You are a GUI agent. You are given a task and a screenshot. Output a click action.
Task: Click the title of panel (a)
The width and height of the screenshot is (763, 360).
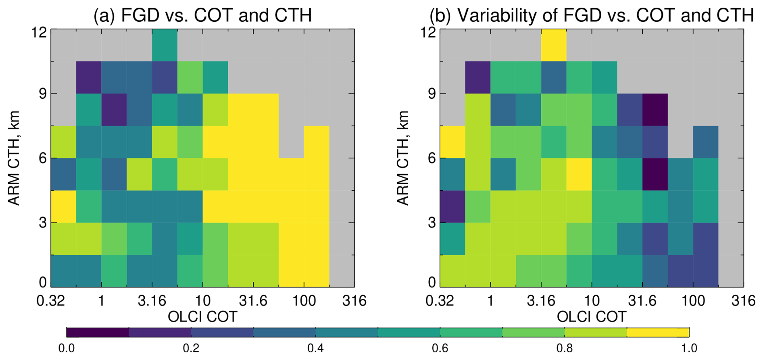[202, 15]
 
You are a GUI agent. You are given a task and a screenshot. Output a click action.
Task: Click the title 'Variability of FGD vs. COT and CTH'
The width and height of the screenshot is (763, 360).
[592, 15]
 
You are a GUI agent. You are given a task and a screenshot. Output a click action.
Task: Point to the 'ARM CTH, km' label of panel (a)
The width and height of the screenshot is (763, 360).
[14, 158]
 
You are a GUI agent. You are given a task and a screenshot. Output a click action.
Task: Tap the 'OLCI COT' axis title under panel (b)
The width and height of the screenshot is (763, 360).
[592, 317]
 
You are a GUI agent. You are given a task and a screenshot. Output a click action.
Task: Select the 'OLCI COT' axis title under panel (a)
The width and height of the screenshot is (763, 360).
[202, 317]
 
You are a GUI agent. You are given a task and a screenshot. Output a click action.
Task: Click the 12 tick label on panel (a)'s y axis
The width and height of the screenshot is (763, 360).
[39, 32]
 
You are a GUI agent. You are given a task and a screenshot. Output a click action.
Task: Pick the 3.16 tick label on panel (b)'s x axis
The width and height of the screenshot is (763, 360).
[541, 301]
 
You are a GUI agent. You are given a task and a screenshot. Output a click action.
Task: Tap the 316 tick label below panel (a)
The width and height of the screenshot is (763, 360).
[354, 301]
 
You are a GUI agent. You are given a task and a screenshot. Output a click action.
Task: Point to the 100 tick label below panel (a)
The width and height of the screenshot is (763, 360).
[304, 301]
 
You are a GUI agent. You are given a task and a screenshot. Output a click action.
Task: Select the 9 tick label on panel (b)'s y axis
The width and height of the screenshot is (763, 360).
[432, 94]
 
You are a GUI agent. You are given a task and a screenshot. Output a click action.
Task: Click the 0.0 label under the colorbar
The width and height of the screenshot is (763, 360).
[67, 348]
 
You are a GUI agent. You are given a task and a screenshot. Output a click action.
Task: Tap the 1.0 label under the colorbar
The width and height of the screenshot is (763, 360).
[689, 348]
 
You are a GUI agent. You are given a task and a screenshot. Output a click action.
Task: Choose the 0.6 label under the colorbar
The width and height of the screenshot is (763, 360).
[440, 348]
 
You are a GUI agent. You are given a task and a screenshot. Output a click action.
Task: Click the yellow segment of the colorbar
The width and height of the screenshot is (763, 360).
[658, 332]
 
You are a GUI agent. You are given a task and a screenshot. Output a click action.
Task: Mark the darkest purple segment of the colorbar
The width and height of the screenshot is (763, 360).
[98, 332]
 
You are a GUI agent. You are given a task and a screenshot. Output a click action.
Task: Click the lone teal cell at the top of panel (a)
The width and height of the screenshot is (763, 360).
[165, 45]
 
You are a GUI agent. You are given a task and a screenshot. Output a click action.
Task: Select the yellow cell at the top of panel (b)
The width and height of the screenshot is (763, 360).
[553, 45]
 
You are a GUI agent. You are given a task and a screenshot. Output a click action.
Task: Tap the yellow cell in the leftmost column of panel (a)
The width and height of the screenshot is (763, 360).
[63, 206]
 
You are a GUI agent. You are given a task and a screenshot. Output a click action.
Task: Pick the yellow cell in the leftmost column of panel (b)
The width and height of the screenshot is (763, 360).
[452, 142]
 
